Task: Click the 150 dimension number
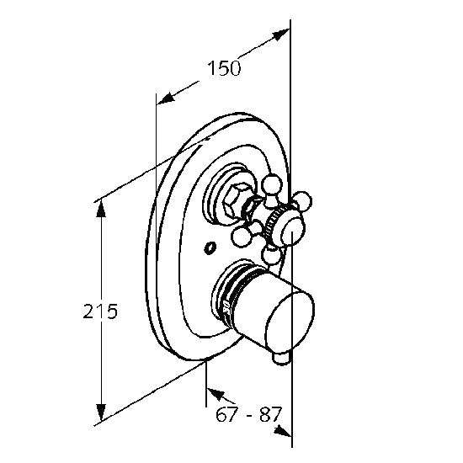(224, 68)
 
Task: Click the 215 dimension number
(100, 311)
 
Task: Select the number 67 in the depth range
(226, 414)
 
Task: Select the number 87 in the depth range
(270, 414)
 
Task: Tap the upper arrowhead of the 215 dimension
(101, 208)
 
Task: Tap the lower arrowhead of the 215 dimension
(101, 412)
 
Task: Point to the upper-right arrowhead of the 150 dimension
(280, 34)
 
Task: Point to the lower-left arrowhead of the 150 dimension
(165, 98)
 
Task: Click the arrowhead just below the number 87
(283, 431)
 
